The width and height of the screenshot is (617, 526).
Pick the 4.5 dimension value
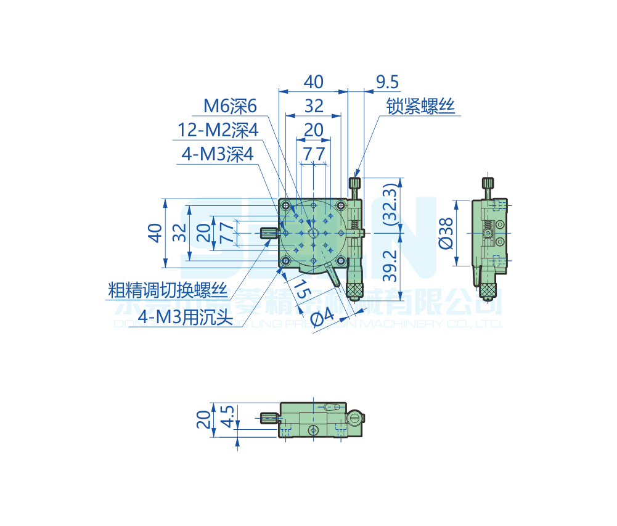[227, 417]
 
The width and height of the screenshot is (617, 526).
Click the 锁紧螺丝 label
[420, 107]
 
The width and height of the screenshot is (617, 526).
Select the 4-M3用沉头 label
[184, 316]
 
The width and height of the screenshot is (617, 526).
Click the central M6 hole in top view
[313, 233]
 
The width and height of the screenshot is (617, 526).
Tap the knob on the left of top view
[268, 233]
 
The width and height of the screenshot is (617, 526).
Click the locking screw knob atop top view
[355, 183]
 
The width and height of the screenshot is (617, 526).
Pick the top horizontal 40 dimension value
[314, 82]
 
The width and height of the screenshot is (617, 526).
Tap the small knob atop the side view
[488, 183]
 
